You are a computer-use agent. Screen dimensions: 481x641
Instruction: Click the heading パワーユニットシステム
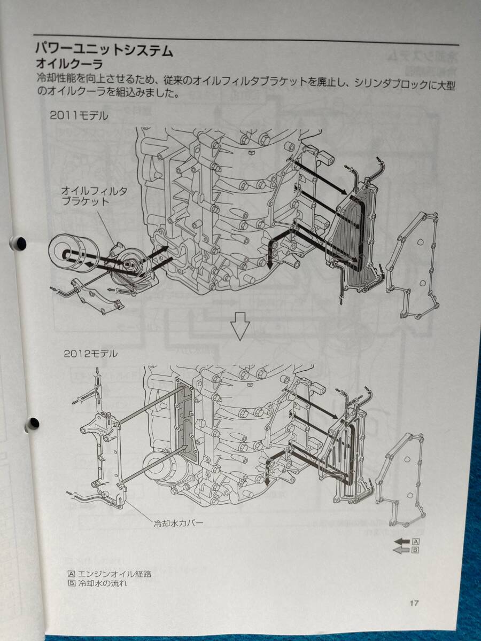(x=104, y=50)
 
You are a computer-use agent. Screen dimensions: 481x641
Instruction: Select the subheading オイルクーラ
(x=69, y=64)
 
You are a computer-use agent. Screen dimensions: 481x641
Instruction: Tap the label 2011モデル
(x=79, y=116)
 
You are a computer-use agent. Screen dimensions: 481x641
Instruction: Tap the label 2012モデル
(x=90, y=354)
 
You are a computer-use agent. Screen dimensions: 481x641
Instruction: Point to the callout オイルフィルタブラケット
(x=94, y=196)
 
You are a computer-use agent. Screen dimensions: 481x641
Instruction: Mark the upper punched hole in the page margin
(x=20, y=243)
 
